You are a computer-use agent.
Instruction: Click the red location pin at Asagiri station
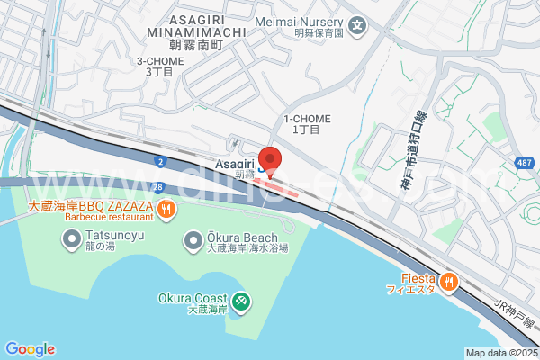(x=270, y=159)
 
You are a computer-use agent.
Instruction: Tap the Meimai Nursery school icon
(x=358, y=22)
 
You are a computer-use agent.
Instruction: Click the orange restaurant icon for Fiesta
(x=449, y=282)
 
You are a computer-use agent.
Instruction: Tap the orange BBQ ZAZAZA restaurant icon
(x=166, y=210)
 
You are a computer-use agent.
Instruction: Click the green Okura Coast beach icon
(x=240, y=301)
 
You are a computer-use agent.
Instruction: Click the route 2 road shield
(x=160, y=161)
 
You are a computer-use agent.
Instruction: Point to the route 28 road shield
(x=157, y=186)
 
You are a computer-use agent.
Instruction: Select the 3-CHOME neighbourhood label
(x=160, y=61)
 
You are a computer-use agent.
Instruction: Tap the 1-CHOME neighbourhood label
(x=307, y=119)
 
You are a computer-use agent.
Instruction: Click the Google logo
(x=30, y=349)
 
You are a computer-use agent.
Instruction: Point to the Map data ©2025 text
(x=500, y=353)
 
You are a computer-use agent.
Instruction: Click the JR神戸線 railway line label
(x=514, y=316)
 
